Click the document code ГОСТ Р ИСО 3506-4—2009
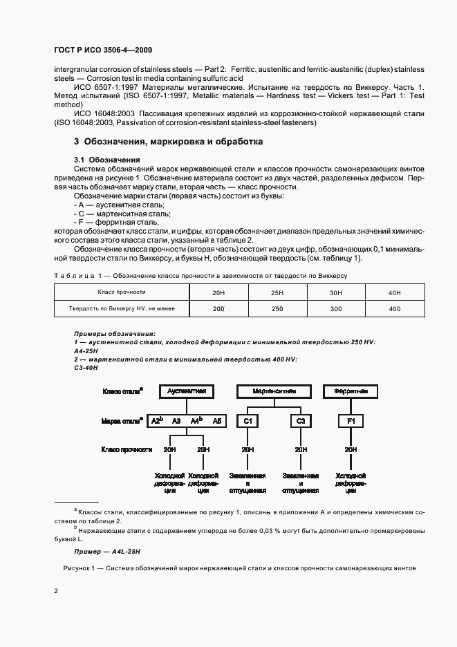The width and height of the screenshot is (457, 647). click(x=102, y=50)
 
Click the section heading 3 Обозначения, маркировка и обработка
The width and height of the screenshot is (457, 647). click(x=168, y=141)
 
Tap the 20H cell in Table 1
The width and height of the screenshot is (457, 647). click(x=218, y=293)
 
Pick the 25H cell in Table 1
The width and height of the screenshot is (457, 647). click(x=277, y=293)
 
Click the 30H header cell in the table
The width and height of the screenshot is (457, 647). click(x=336, y=293)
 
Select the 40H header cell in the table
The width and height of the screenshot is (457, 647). click(x=395, y=293)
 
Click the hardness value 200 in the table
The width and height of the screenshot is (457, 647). click(x=218, y=309)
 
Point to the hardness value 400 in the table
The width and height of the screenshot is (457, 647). click(x=395, y=309)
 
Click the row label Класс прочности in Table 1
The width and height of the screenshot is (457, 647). click(x=122, y=293)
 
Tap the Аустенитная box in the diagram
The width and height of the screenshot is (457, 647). click(x=187, y=391)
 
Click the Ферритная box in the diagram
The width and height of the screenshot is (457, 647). click(x=351, y=391)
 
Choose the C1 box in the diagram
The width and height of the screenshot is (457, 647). click(x=248, y=420)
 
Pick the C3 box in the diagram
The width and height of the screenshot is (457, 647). click(x=301, y=420)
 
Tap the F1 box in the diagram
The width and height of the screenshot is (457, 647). click(x=351, y=420)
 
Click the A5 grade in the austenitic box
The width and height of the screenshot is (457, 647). click(x=217, y=420)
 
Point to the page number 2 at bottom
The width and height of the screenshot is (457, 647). click(x=55, y=590)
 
